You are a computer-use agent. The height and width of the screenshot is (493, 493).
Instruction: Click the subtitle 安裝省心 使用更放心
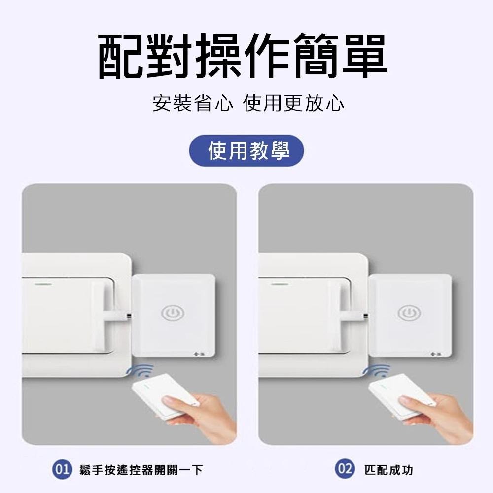tap(248, 104)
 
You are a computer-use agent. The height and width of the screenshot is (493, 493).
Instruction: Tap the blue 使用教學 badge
tap(247, 151)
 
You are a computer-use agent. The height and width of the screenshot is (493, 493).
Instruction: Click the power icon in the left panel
tap(173, 313)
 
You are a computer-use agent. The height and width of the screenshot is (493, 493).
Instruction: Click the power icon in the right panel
tap(409, 313)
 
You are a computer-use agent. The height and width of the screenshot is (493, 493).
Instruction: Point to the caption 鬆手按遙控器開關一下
tap(141, 470)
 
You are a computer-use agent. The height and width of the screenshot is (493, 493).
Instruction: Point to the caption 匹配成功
tap(388, 470)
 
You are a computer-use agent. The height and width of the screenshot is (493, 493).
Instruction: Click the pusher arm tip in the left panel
tap(128, 315)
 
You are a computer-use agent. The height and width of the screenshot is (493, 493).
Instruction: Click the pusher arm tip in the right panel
tap(364, 315)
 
